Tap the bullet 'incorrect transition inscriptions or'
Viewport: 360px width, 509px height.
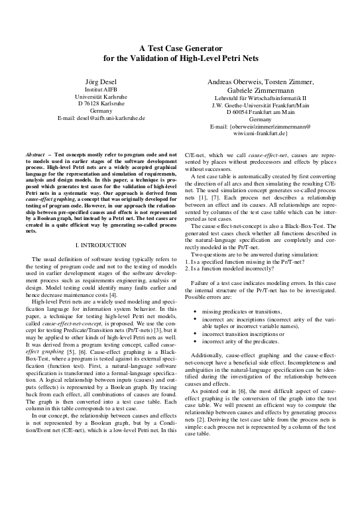pyautogui.click(x=247, y=335)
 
